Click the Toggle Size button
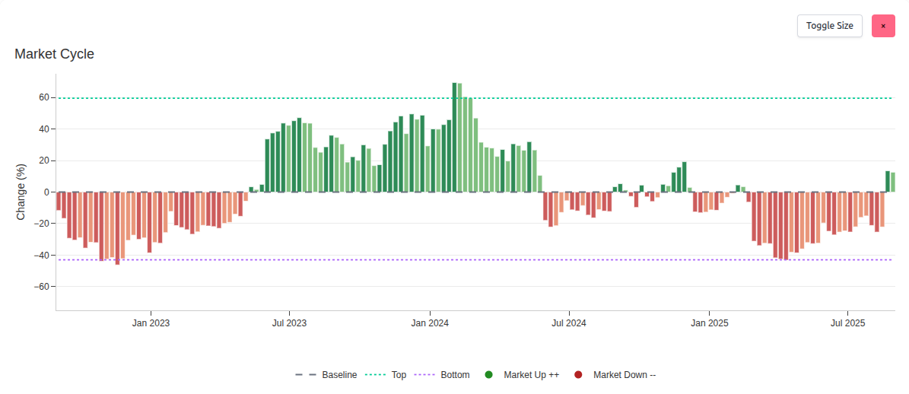(x=829, y=26)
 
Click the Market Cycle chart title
(x=54, y=54)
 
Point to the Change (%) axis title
(x=21, y=192)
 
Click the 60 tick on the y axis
(x=43, y=98)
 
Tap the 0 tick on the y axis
(x=46, y=192)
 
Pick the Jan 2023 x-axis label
(x=151, y=323)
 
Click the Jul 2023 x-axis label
(x=289, y=323)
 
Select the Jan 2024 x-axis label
(x=430, y=323)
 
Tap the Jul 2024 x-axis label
(x=568, y=323)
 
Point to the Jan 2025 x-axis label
(x=709, y=323)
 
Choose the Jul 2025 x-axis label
(x=847, y=323)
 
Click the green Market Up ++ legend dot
(x=489, y=375)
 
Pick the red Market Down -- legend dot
(x=578, y=375)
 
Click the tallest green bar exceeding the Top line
(x=454, y=137)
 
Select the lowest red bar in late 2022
(x=117, y=228)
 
